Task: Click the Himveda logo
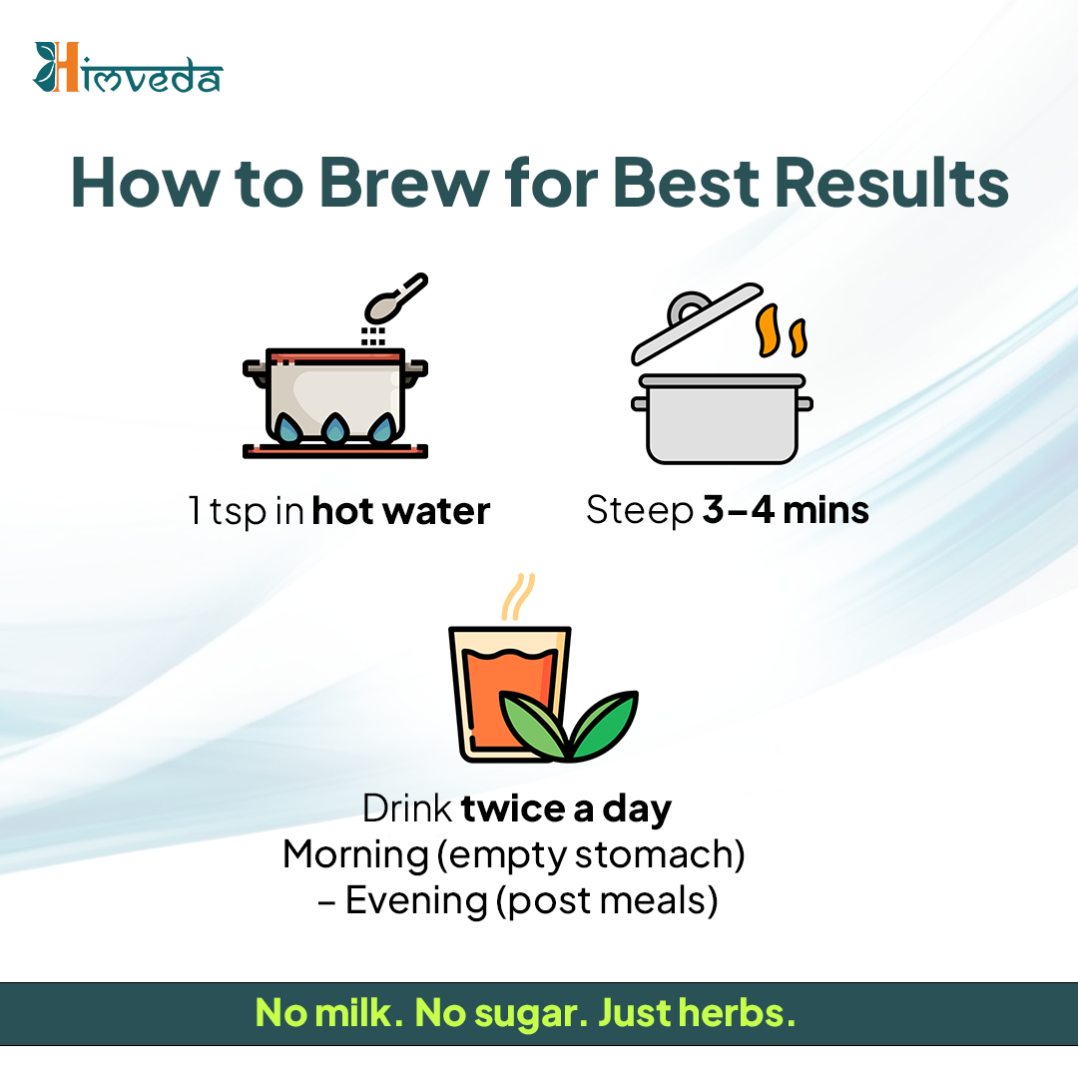128,68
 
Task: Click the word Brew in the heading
404,183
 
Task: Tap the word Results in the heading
891,183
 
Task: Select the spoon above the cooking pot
395,298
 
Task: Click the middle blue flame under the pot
335,428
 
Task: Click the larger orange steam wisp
768,330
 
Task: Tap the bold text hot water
401,511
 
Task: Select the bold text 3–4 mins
786,510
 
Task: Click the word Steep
640,511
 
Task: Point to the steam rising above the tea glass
518,597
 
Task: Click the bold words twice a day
566,808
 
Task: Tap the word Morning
355,854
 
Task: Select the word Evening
416,900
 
